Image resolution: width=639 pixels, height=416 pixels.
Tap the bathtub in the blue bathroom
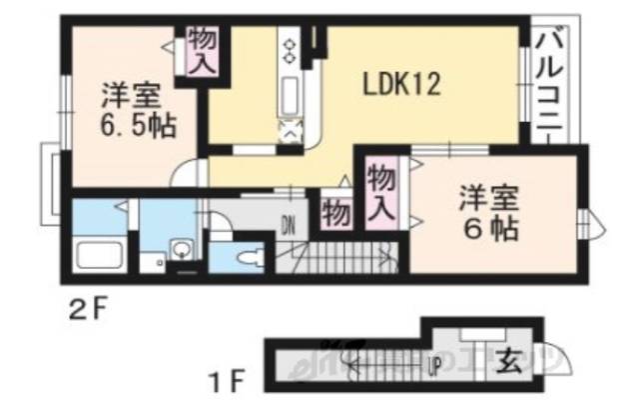(97, 259)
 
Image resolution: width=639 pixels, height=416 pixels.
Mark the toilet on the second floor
(247, 256)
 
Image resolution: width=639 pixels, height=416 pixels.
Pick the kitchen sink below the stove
(291, 98)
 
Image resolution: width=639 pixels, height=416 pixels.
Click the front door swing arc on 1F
(552, 356)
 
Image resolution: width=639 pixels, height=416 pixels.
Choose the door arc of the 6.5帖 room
(186, 174)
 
